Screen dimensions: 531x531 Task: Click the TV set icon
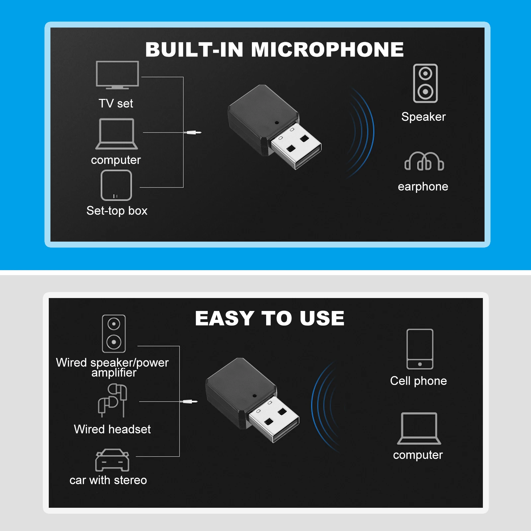click(117, 75)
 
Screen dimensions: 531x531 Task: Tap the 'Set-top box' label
click(117, 211)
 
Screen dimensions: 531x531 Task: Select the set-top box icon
click(116, 185)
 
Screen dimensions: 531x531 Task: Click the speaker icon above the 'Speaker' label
click(425, 83)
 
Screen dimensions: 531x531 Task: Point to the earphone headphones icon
click(424, 162)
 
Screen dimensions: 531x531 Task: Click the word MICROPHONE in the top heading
click(327, 50)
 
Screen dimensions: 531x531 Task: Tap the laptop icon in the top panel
click(116, 134)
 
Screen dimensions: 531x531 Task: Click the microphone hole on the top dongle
click(277, 122)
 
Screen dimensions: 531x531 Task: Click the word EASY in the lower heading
click(225, 318)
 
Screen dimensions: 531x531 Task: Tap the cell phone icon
click(420, 349)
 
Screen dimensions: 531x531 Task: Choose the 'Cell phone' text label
click(418, 381)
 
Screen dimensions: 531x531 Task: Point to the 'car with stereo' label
click(108, 480)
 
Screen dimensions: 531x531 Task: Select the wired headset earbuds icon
click(113, 400)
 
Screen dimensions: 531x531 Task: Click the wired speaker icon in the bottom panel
click(114, 333)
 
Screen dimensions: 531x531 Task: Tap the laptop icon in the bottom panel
click(419, 428)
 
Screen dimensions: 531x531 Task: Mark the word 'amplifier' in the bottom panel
click(114, 373)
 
